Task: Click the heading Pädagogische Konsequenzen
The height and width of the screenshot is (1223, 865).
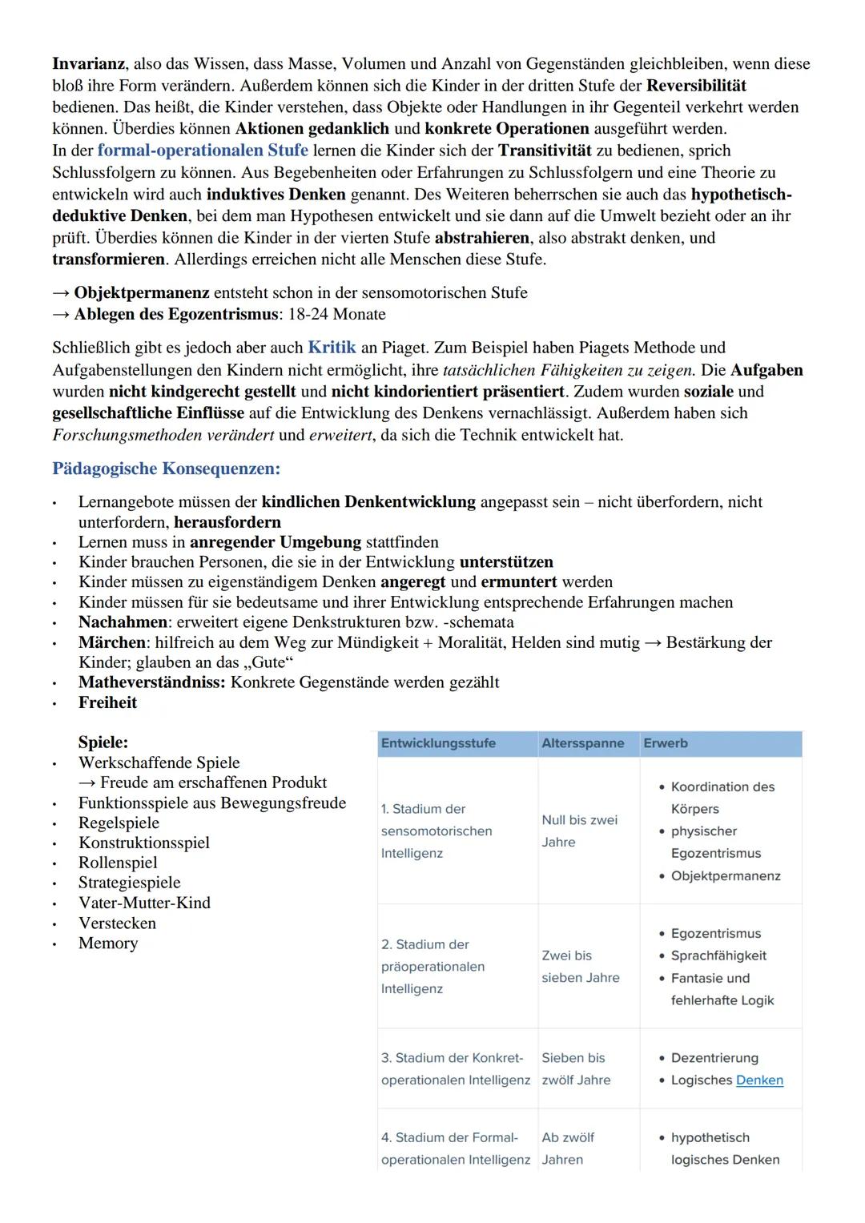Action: [x=166, y=469]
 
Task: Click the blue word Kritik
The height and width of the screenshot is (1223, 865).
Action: [x=332, y=348]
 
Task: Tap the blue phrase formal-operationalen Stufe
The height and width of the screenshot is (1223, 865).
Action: [x=203, y=151]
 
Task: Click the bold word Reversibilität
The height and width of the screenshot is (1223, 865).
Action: [x=696, y=86]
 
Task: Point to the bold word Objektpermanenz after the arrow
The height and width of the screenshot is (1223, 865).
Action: [x=142, y=293]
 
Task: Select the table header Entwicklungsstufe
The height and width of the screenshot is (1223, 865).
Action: [x=438, y=743]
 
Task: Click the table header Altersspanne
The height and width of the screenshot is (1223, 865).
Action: [x=582, y=743]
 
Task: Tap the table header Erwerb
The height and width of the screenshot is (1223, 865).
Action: [x=665, y=743]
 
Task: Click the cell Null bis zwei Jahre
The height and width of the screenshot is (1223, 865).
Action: [x=579, y=831]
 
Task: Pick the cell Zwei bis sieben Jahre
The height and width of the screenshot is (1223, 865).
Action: [x=580, y=967]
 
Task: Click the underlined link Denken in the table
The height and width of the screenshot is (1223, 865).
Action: [x=759, y=1080]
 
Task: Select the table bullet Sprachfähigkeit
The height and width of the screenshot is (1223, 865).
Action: [x=718, y=956]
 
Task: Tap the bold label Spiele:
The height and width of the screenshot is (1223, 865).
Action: [x=103, y=742]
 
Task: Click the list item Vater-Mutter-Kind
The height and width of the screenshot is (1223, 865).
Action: [x=144, y=903]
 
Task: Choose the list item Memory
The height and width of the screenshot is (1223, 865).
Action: [x=108, y=943]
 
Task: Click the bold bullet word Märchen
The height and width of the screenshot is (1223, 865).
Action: [x=111, y=643]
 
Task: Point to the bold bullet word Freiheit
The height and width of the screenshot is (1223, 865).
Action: [x=107, y=703]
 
